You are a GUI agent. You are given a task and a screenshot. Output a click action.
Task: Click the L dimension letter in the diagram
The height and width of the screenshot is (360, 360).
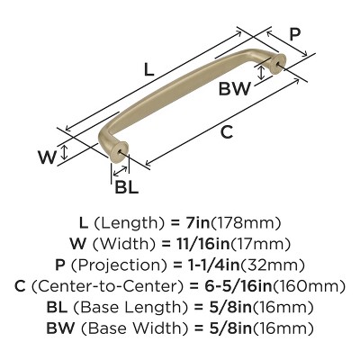click(148, 67)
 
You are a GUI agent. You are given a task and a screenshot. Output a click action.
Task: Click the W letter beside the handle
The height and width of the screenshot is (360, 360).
click(73, 156)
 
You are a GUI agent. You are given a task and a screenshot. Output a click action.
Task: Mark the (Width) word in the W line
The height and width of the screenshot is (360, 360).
click(145, 244)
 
